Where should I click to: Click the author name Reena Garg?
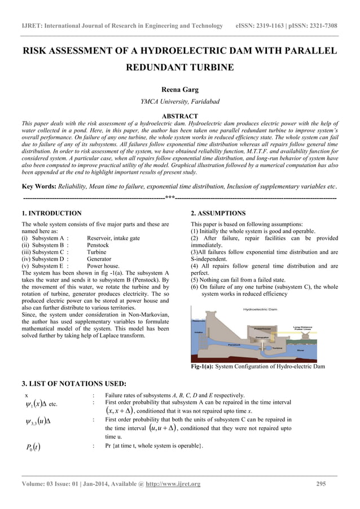[x=179, y=89]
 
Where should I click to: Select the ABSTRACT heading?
[x=179, y=116]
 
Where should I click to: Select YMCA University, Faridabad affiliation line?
[x=179, y=102]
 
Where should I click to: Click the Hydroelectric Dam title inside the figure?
[x=261, y=309]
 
